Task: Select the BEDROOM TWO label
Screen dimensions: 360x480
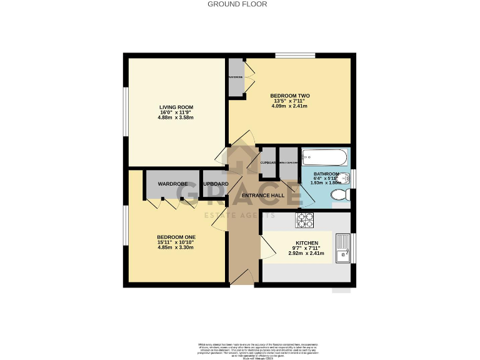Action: coord(289,96)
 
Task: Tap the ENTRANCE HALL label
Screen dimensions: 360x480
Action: coord(262,196)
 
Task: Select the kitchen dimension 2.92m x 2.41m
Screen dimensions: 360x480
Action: coord(302,253)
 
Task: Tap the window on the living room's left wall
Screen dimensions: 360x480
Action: coord(125,110)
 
